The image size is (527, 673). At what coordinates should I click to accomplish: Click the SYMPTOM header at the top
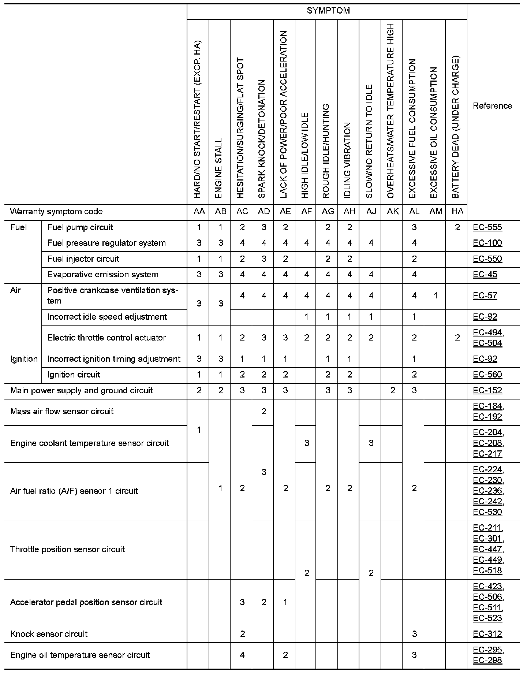(x=328, y=11)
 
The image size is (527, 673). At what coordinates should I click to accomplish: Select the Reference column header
(x=492, y=106)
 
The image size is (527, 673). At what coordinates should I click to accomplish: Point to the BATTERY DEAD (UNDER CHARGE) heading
(x=456, y=126)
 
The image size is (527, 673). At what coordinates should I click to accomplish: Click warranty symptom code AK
(x=393, y=211)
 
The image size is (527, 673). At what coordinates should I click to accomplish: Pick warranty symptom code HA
(x=457, y=211)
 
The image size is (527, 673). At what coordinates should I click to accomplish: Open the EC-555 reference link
(x=487, y=227)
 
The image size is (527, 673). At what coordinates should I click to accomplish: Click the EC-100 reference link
(x=487, y=243)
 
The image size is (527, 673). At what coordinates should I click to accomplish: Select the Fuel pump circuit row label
(x=80, y=227)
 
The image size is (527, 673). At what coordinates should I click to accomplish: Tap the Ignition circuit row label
(x=74, y=375)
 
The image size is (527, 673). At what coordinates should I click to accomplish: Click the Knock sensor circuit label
(x=49, y=634)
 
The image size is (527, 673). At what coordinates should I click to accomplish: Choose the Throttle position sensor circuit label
(x=68, y=549)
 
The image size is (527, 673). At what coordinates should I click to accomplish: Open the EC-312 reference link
(x=487, y=634)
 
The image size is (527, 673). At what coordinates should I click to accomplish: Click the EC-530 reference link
(x=487, y=512)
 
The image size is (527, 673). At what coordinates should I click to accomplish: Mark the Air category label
(x=16, y=290)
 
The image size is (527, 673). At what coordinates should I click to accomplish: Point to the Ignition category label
(x=24, y=359)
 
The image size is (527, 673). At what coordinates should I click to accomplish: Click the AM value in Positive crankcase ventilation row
(x=436, y=295)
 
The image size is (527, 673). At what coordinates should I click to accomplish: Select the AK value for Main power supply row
(x=393, y=390)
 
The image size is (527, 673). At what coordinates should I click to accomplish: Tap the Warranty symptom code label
(x=56, y=211)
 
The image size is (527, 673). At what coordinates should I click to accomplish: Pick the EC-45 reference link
(x=485, y=275)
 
